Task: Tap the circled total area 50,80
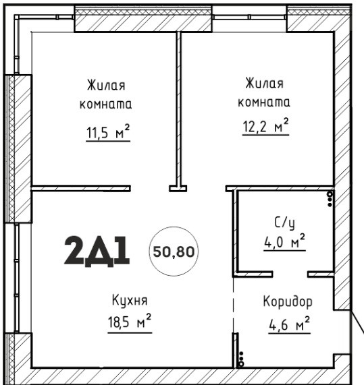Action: (x=174, y=251)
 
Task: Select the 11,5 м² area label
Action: (x=108, y=133)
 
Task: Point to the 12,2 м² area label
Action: (x=265, y=127)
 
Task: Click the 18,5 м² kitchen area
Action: (x=130, y=322)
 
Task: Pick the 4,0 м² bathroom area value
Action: (x=284, y=242)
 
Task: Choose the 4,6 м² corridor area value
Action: (x=289, y=325)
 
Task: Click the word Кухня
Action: (x=130, y=300)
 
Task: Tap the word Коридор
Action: (x=288, y=301)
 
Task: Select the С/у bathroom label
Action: (x=284, y=223)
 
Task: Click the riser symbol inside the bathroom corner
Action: (x=330, y=199)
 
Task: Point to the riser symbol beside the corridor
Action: (x=241, y=359)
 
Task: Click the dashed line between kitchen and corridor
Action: (x=233, y=305)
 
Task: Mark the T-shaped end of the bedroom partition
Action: (x=178, y=188)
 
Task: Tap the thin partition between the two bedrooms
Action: (x=179, y=109)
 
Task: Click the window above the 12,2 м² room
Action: (x=249, y=17)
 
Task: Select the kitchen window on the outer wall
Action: (x=16, y=277)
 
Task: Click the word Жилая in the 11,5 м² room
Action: (x=106, y=85)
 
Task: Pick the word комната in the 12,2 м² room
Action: (x=264, y=102)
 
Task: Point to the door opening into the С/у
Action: (x=290, y=274)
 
